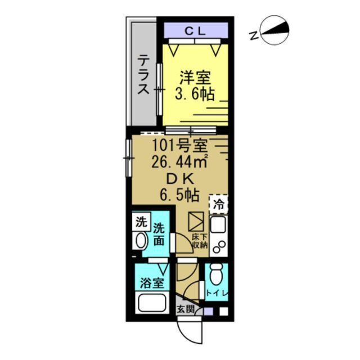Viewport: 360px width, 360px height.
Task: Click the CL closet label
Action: (x=195, y=31)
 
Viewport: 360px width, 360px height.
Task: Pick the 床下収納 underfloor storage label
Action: (x=200, y=241)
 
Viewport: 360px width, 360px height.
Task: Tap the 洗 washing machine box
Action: (x=140, y=221)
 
